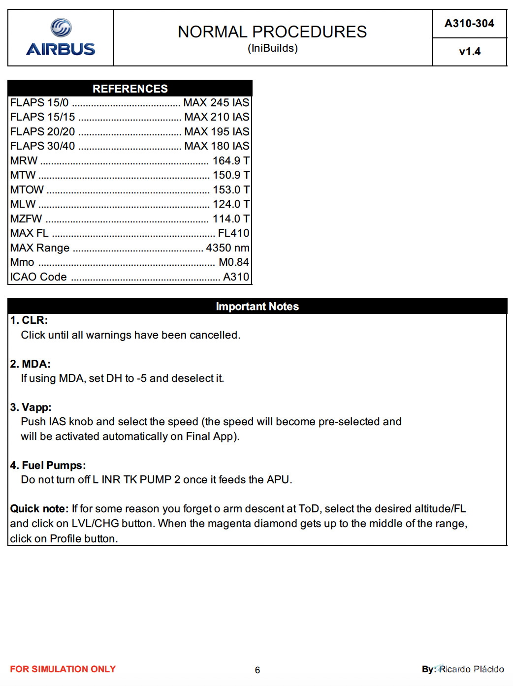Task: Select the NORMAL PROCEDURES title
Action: [x=272, y=32]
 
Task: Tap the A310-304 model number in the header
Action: [x=469, y=24]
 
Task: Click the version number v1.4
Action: [x=469, y=52]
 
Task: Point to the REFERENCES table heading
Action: [x=130, y=89]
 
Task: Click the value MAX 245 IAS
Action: [x=216, y=103]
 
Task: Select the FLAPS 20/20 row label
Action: [x=42, y=132]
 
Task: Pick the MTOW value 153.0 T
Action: [x=231, y=190]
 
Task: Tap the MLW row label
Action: [x=23, y=204]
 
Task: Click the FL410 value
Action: [x=233, y=233]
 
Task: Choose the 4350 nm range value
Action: [x=227, y=248]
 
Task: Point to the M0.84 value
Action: [x=234, y=262]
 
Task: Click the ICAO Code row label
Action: [x=38, y=277]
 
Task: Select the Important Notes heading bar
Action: [x=257, y=307]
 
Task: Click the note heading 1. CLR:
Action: [x=29, y=320]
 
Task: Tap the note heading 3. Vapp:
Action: [x=31, y=407]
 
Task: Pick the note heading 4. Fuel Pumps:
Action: [x=48, y=466]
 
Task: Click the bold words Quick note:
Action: [x=39, y=509]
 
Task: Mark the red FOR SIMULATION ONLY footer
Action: [x=63, y=669]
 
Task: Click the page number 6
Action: [x=257, y=670]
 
